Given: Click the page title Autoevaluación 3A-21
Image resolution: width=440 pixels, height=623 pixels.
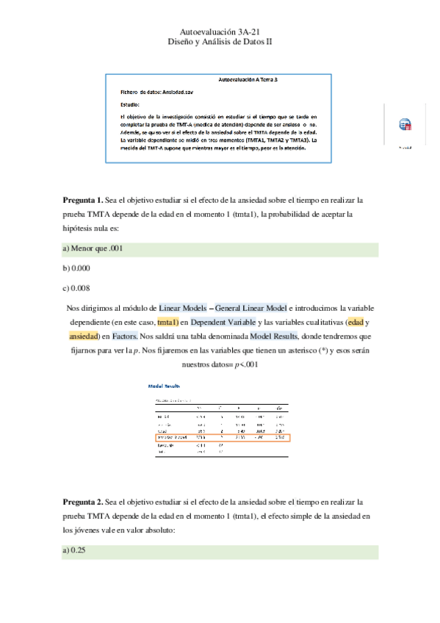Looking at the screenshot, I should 220,32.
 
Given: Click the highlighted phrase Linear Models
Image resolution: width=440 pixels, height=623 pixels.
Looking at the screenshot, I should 184,309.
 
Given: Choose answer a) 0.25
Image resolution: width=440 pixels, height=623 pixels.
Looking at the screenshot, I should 75,550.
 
